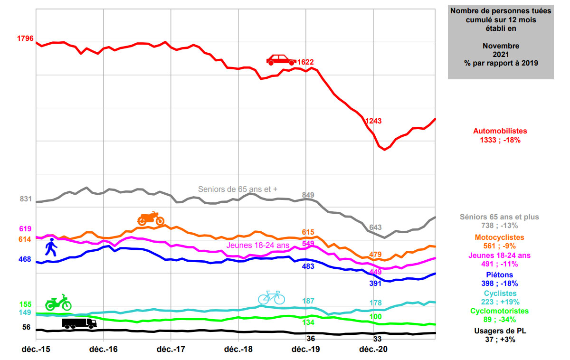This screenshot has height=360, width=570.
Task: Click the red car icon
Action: click(x=281, y=59)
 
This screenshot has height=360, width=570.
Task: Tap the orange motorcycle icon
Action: click(x=151, y=218)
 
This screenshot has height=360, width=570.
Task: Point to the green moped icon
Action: click(x=58, y=302)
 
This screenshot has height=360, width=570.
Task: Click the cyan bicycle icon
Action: click(x=271, y=297)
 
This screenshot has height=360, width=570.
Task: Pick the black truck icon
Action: click(x=79, y=323)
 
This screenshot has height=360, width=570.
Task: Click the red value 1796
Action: click(x=25, y=38)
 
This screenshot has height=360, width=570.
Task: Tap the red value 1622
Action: click(x=305, y=62)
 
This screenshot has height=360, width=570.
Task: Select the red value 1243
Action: click(x=373, y=121)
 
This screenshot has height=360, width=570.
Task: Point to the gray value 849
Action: click(x=308, y=195)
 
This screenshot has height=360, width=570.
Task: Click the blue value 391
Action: click(x=376, y=284)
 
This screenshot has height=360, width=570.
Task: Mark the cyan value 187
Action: click(x=308, y=301)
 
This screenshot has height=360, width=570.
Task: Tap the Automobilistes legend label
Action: click(x=500, y=131)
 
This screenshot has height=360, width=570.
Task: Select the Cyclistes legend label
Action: click(x=500, y=294)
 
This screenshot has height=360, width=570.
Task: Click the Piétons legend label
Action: click(x=500, y=275)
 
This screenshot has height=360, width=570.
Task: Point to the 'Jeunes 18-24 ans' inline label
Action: click(x=258, y=245)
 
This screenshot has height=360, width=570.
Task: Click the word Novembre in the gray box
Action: click(x=501, y=46)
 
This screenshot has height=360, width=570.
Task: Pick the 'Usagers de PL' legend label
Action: click(x=500, y=331)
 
